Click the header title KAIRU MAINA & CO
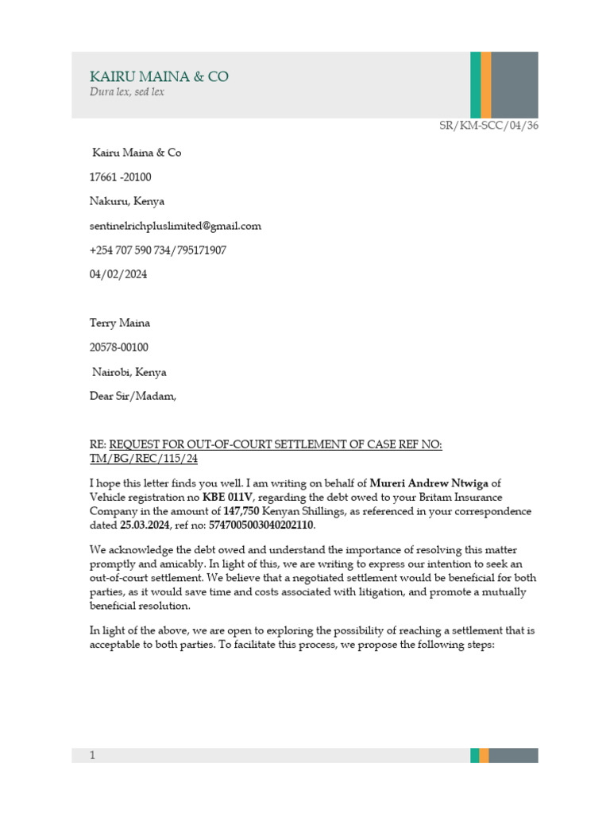(x=159, y=76)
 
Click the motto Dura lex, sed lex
(x=127, y=92)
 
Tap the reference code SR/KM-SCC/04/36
(x=488, y=126)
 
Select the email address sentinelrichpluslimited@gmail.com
(x=176, y=226)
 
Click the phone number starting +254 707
(x=158, y=250)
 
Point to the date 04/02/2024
(x=118, y=274)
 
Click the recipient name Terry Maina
(x=120, y=323)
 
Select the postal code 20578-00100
(x=118, y=347)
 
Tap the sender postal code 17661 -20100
(x=122, y=176)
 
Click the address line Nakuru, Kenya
(x=128, y=201)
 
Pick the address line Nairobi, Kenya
(x=129, y=372)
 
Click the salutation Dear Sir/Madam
(x=133, y=396)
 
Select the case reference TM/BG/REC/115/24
(x=144, y=459)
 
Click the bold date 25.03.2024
(x=145, y=525)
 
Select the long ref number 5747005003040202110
(x=261, y=525)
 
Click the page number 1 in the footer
(x=92, y=755)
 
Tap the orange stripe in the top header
(x=485, y=84)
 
